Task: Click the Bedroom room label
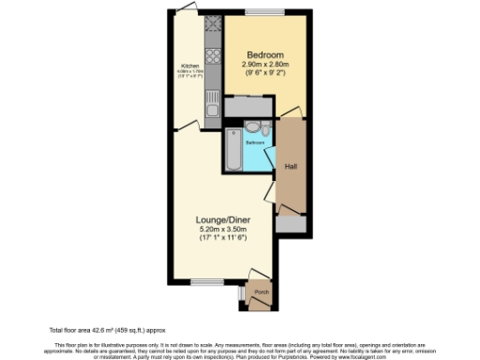click(x=265, y=53)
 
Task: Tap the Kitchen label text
click(x=190, y=67)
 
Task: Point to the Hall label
click(x=291, y=166)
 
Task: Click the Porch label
click(x=262, y=290)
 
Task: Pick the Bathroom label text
click(x=255, y=142)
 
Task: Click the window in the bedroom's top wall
click(x=262, y=12)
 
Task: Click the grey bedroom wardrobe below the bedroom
click(x=247, y=108)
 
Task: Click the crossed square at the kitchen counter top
click(x=212, y=24)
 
